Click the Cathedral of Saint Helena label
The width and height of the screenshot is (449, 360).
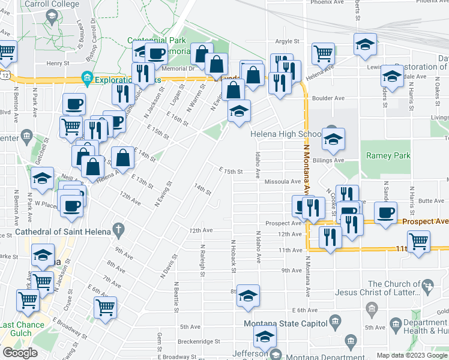[55, 232]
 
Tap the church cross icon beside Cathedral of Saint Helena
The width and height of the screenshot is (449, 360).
[119, 230]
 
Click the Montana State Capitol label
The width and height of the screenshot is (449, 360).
[283, 324]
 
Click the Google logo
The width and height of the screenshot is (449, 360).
[20, 352]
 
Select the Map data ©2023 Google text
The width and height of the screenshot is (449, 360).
[411, 355]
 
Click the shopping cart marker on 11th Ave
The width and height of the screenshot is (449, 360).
[418, 242]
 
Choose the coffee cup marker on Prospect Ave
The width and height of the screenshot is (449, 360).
[385, 212]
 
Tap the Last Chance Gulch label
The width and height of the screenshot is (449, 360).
[22, 329]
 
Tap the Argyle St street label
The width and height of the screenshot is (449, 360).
[287, 41]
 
